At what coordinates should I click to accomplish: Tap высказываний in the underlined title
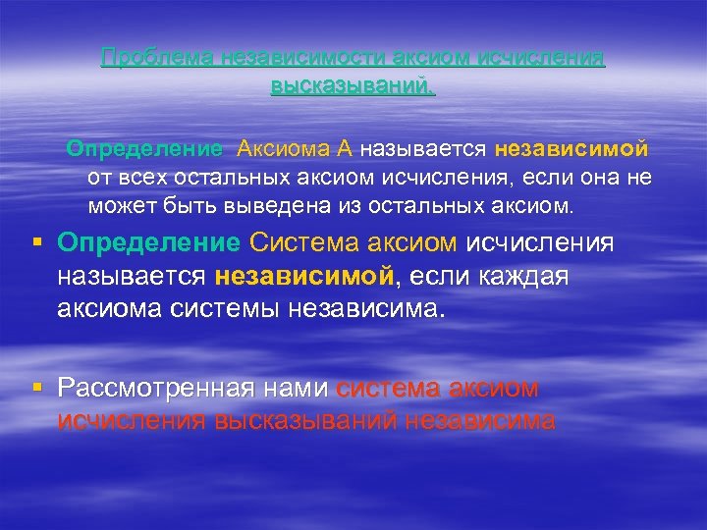click(353, 85)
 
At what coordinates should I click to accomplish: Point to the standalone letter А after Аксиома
click(344, 150)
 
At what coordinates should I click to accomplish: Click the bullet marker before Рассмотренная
click(36, 389)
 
